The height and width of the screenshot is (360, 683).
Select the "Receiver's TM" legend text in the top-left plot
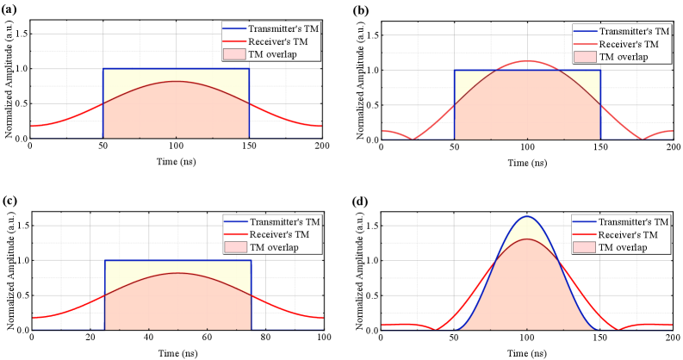278,41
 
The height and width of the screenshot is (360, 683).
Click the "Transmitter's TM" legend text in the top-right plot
633,31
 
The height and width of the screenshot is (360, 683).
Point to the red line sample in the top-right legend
584,44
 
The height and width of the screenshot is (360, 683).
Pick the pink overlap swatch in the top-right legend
584,57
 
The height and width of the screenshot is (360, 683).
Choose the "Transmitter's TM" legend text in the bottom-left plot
284,221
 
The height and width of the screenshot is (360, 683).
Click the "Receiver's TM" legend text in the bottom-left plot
278,234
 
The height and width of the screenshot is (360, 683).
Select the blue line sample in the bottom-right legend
584,221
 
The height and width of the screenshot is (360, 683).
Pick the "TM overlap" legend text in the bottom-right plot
623,247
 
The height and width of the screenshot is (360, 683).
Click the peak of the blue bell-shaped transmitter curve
528,215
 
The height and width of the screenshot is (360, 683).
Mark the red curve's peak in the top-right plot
528,61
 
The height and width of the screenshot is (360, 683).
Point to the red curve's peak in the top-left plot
177,81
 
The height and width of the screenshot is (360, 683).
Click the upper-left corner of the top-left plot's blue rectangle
103,69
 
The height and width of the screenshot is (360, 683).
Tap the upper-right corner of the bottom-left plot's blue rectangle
251,261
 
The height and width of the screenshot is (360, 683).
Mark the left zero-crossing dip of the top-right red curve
414,138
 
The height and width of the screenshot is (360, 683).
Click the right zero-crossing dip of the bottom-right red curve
618,329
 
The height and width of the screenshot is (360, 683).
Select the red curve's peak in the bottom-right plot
528,239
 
